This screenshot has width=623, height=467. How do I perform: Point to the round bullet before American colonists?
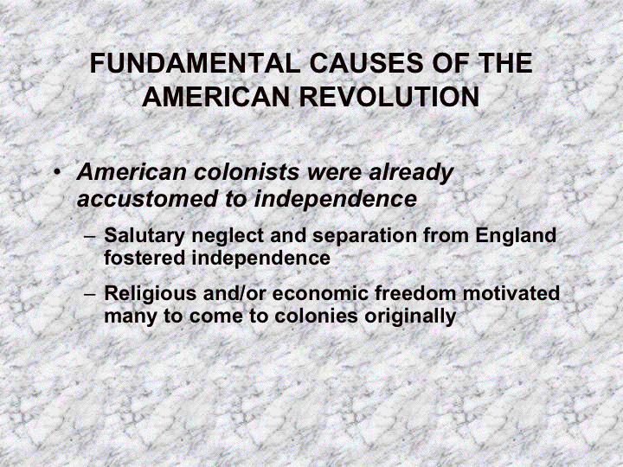pyautogui.click(x=56, y=172)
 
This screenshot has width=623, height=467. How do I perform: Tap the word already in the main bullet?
pyautogui.click(x=411, y=172)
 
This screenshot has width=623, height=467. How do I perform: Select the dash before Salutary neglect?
pyautogui.click(x=91, y=236)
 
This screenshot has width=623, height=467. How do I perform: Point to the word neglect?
pyautogui.click(x=214, y=235)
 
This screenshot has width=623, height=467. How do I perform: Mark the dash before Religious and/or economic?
pyautogui.click(x=91, y=294)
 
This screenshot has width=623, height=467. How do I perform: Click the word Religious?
pyautogui.click(x=145, y=293)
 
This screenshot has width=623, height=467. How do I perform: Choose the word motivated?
pyautogui.click(x=513, y=293)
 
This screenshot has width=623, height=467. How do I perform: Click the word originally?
pyautogui.click(x=413, y=316)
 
